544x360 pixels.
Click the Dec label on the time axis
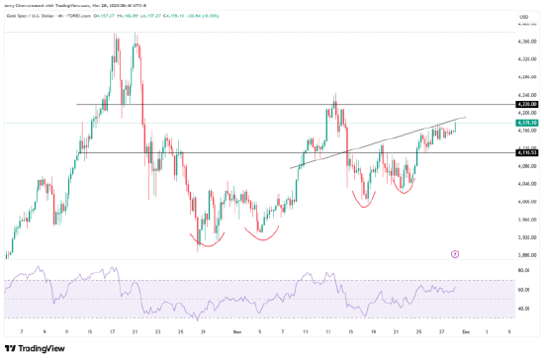tap(465, 333)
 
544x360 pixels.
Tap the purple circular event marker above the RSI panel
tap(454, 254)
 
